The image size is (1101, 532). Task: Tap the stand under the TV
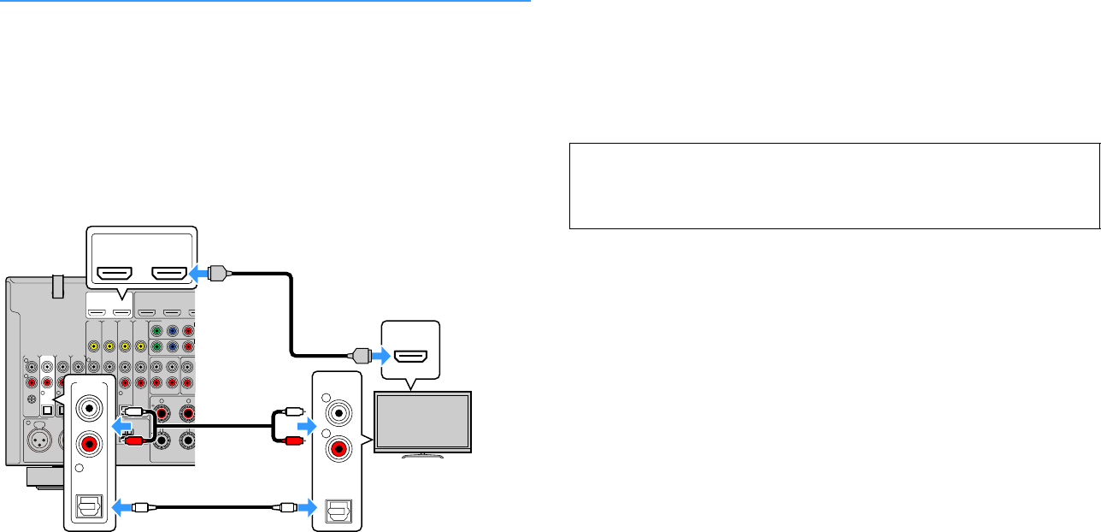pyautogui.click(x=423, y=454)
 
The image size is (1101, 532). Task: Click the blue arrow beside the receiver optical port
pyautogui.click(x=124, y=506)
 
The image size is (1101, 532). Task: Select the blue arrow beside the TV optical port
pyautogui.click(x=305, y=506)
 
